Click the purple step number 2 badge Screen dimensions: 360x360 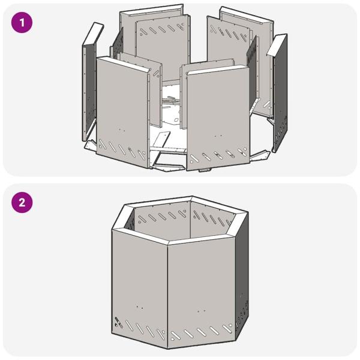click(x=22, y=202)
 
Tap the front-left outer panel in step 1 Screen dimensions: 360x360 click(x=122, y=108)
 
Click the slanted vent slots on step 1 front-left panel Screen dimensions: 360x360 click(x=122, y=150)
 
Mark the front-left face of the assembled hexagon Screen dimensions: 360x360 click(x=139, y=282)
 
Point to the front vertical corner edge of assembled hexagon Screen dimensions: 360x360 click(x=167, y=294)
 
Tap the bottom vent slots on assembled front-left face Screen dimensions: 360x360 click(x=139, y=330)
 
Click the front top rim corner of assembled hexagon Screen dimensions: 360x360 click(x=168, y=241)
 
